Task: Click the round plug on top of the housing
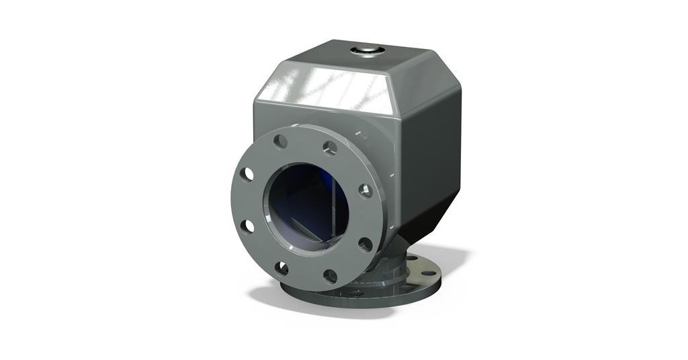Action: tap(368, 50)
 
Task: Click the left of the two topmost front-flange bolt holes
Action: tap(281, 141)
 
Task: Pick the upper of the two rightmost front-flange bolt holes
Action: tap(365, 190)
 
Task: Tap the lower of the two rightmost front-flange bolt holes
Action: tap(365, 244)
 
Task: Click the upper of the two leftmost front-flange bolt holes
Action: tap(248, 173)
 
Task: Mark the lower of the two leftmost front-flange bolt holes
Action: tap(248, 226)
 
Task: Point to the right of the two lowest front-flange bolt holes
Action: tap(330, 276)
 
